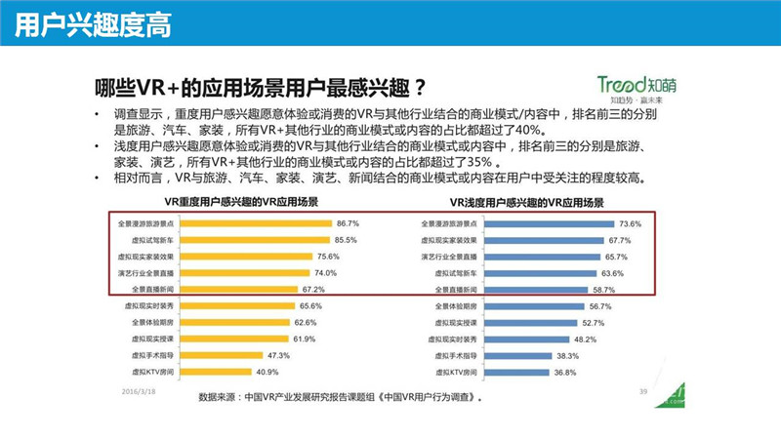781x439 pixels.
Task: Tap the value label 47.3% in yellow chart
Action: [278, 356]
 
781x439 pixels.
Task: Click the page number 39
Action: [643, 391]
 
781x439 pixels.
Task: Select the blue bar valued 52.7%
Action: [526, 323]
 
